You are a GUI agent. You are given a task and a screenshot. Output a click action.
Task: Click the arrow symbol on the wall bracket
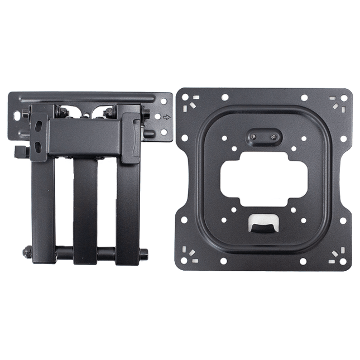(166, 117)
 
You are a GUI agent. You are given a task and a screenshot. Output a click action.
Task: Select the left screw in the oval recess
(253, 136)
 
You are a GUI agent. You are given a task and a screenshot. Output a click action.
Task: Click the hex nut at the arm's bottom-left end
(27, 252)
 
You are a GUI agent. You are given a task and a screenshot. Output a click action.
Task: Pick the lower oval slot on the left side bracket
(37, 146)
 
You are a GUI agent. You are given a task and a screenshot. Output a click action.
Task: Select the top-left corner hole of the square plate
(185, 97)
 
